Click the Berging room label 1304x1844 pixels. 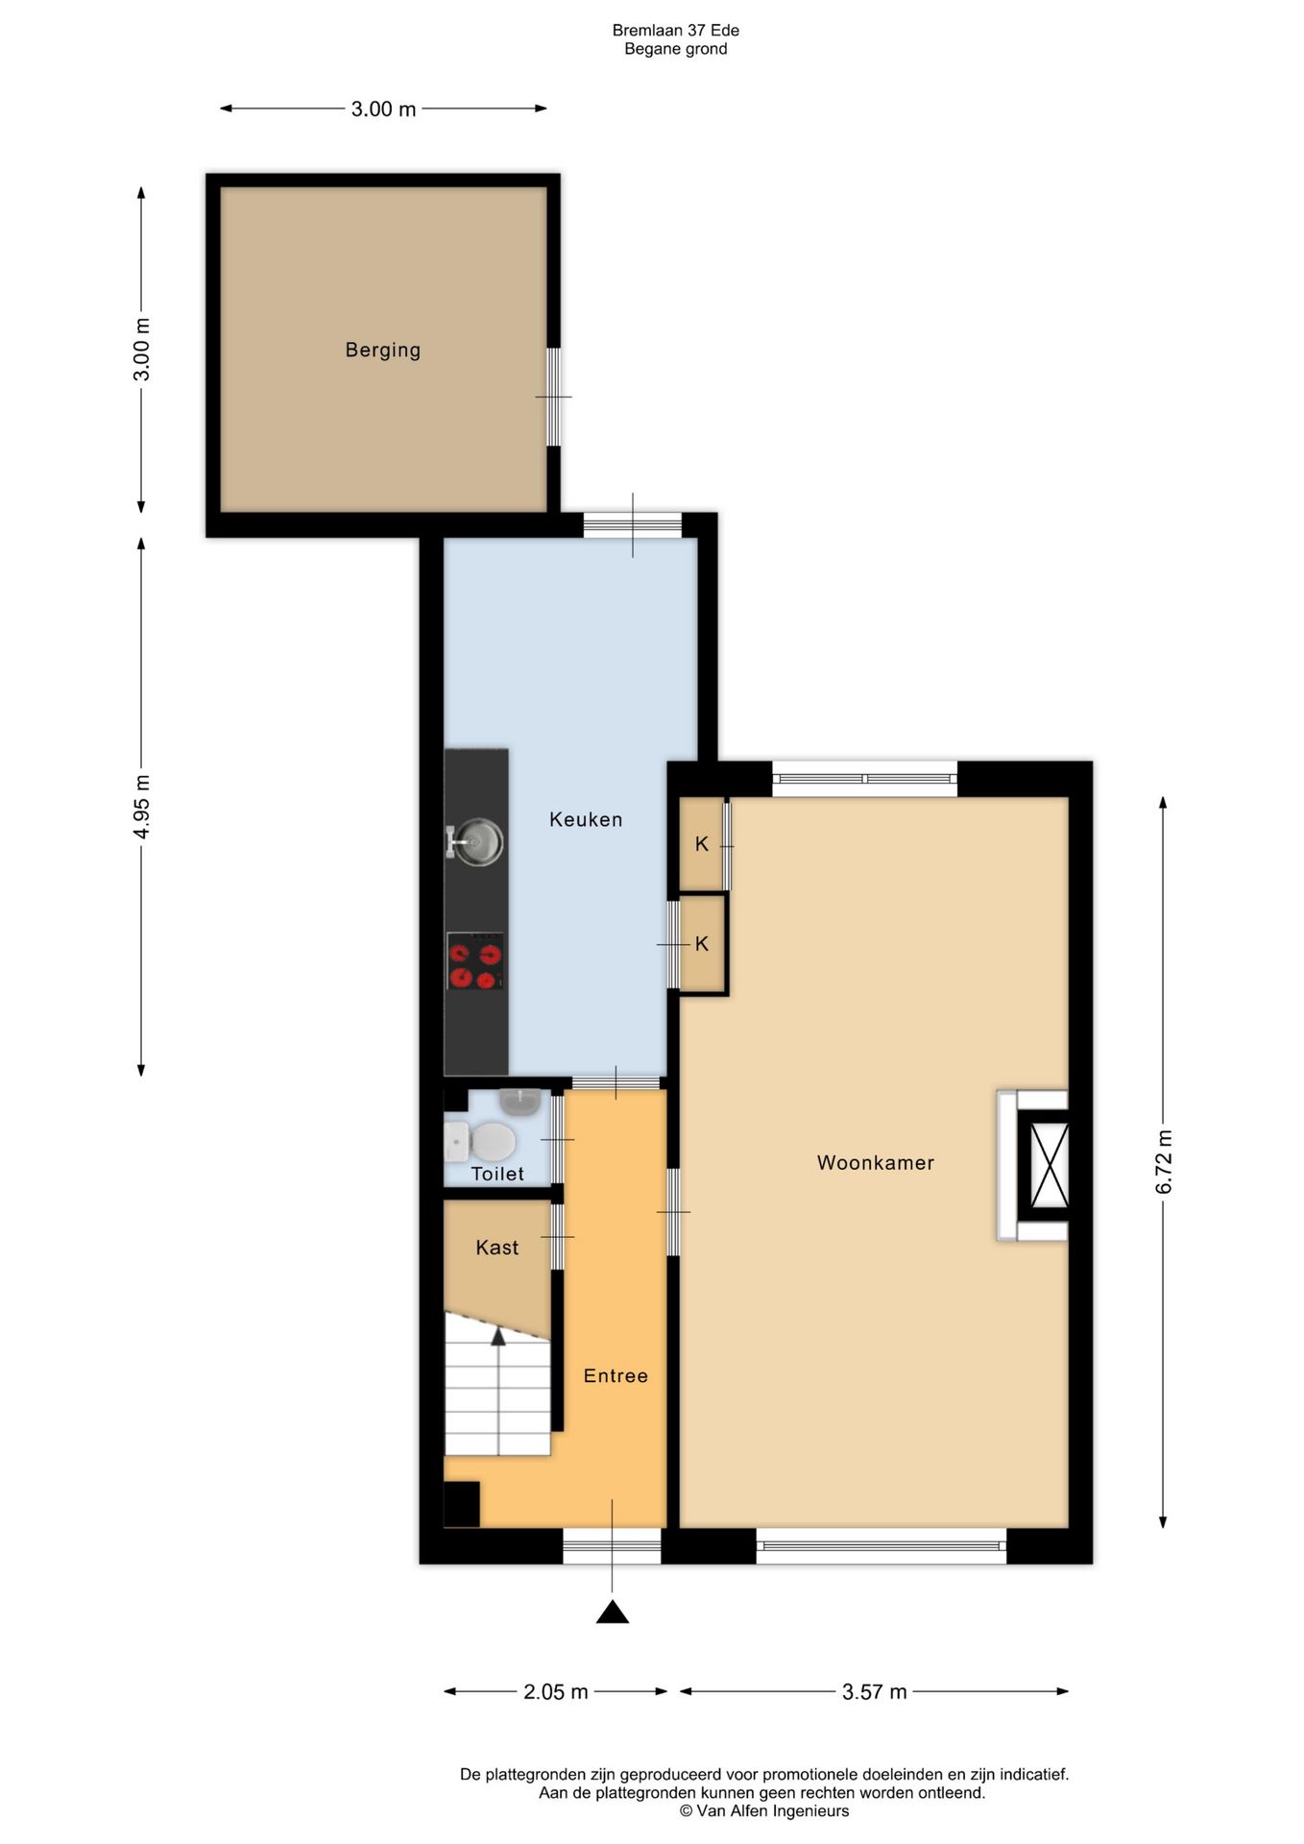(383, 351)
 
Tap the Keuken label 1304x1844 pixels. (586, 819)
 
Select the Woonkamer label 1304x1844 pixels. (876, 1163)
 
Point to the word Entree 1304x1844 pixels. (616, 1376)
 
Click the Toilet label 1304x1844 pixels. (497, 1174)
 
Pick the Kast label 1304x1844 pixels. (497, 1248)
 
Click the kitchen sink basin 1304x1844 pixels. (478, 842)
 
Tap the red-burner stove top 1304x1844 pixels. (475, 961)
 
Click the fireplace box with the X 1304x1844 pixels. (1049, 1165)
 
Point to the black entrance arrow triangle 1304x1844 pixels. (612, 1612)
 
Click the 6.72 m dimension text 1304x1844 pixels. (1164, 1162)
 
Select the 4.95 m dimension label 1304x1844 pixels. (142, 806)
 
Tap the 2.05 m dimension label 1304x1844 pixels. (556, 1691)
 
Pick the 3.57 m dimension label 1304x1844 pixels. (875, 1691)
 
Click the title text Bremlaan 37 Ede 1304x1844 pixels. (676, 31)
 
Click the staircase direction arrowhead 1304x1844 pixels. (497, 1336)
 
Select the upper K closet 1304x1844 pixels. (702, 844)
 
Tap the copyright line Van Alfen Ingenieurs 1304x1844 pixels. (764, 1811)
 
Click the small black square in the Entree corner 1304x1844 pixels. (462, 1504)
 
